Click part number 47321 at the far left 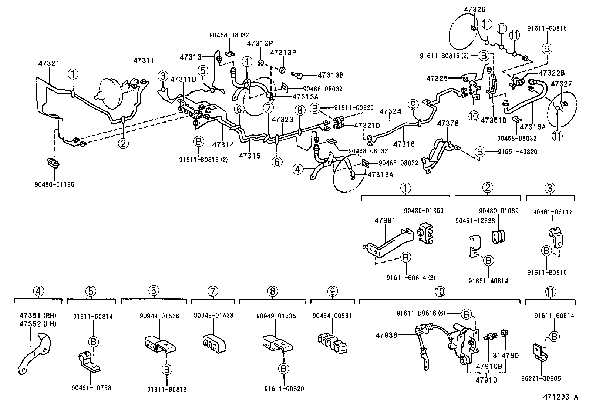49,64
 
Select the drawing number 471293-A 560,397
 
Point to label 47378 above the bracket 448,123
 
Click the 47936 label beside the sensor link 386,335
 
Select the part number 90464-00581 332,316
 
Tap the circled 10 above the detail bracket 440,292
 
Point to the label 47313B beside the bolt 330,75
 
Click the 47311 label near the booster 144,60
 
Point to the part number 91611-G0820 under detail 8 284,389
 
